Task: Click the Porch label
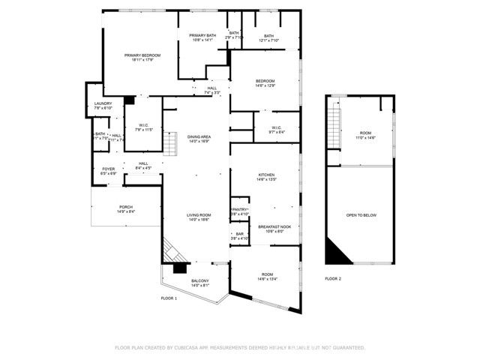125,209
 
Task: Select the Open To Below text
361,215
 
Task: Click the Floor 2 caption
333,278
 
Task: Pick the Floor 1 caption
169,298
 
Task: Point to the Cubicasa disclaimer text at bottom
239,348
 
